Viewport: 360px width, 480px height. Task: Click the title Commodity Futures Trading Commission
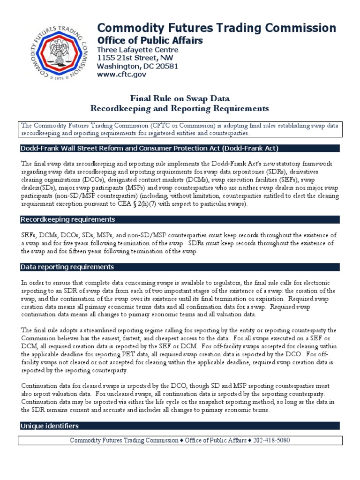216,28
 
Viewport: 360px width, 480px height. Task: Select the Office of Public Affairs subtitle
150,40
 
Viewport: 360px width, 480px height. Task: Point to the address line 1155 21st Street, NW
134,58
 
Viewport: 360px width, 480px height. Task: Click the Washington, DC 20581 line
137,66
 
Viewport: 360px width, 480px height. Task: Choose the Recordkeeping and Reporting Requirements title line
180,108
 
